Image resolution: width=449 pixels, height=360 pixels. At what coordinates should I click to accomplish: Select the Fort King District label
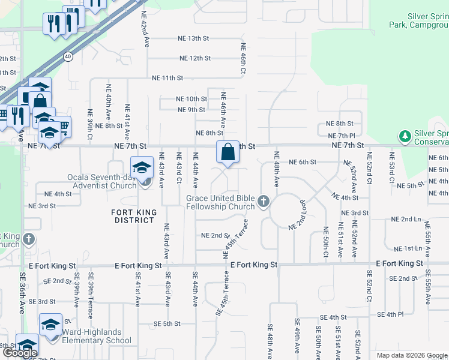click(134, 216)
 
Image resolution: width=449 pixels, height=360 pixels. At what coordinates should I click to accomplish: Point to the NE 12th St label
click(195, 58)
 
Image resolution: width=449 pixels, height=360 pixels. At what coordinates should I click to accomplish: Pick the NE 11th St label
click(167, 78)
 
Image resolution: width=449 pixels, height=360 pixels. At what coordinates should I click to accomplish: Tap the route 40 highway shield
click(68, 56)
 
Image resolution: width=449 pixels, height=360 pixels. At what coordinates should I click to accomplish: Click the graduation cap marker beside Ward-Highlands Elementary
click(51, 325)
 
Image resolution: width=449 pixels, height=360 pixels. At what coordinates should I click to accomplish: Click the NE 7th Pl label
click(342, 136)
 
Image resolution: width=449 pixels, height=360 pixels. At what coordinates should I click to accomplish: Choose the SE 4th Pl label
click(391, 314)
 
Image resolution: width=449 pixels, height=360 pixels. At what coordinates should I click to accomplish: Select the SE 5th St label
click(167, 324)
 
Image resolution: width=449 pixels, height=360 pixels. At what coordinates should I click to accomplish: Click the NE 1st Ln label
click(408, 248)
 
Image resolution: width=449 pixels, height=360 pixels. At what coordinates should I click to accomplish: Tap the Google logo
click(20, 353)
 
